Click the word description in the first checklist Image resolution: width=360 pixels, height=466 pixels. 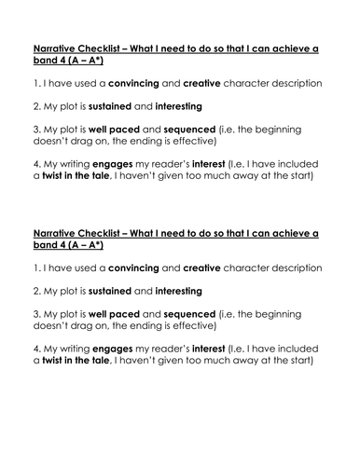pos(288,83)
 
